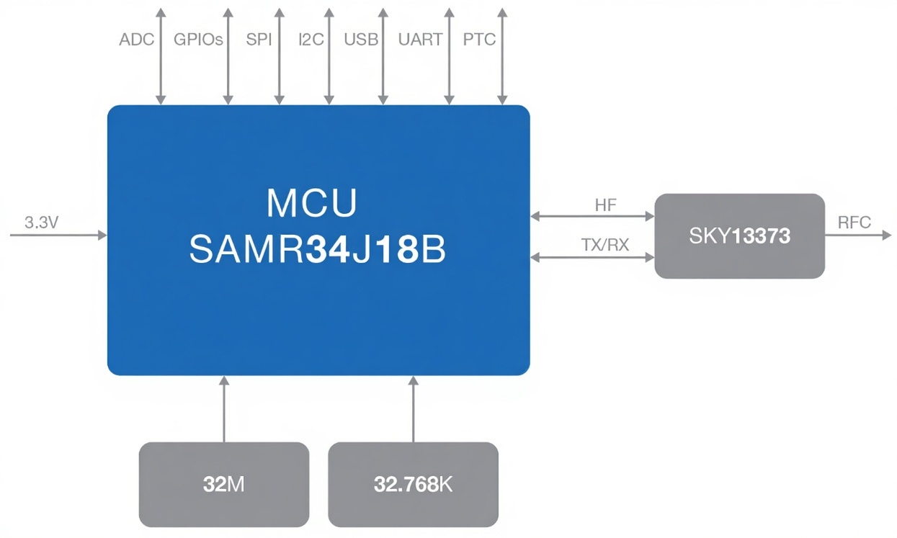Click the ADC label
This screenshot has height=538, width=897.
tap(136, 40)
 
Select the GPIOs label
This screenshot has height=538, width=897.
tap(198, 40)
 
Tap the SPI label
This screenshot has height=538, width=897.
tap(259, 40)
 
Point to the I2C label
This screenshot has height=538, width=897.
tap(311, 40)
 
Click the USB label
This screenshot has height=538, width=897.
tap(361, 40)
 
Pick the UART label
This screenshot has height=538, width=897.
tap(420, 40)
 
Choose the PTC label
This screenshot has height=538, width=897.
tap(479, 40)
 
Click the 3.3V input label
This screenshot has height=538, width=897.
tap(41, 223)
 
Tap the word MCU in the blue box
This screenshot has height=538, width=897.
tap(311, 203)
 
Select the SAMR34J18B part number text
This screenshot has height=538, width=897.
tap(317, 250)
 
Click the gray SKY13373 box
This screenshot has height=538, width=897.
tap(739, 236)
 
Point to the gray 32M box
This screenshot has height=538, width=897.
tap(223, 484)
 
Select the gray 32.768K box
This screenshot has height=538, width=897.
tap(413, 484)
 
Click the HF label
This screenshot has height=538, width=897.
tap(605, 205)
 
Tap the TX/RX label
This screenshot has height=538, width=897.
tap(605, 246)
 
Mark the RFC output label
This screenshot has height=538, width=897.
tap(854, 223)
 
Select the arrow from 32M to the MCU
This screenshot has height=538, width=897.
tap(223, 409)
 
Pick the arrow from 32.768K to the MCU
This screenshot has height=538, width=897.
tap(413, 409)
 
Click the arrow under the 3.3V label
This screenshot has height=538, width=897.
tap(58, 236)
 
